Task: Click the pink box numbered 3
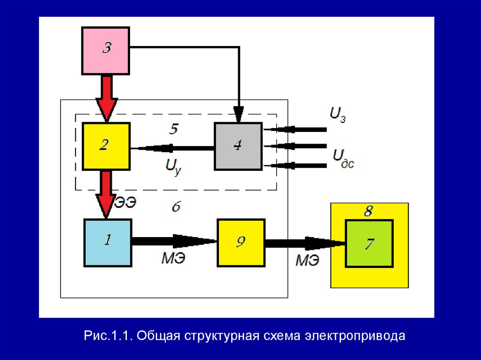(106, 50)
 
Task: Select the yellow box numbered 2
(106, 146)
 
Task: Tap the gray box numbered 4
(238, 146)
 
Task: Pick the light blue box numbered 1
(108, 242)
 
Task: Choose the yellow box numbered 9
(240, 242)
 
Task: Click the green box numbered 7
(369, 244)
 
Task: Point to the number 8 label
(369, 212)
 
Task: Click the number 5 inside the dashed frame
(173, 129)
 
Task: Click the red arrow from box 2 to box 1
(106, 193)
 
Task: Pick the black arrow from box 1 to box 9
(174, 241)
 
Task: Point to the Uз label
(339, 114)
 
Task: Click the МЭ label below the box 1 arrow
(173, 258)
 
